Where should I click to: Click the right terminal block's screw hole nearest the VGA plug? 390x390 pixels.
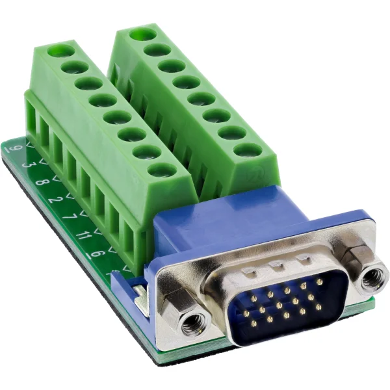(x=248, y=149)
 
